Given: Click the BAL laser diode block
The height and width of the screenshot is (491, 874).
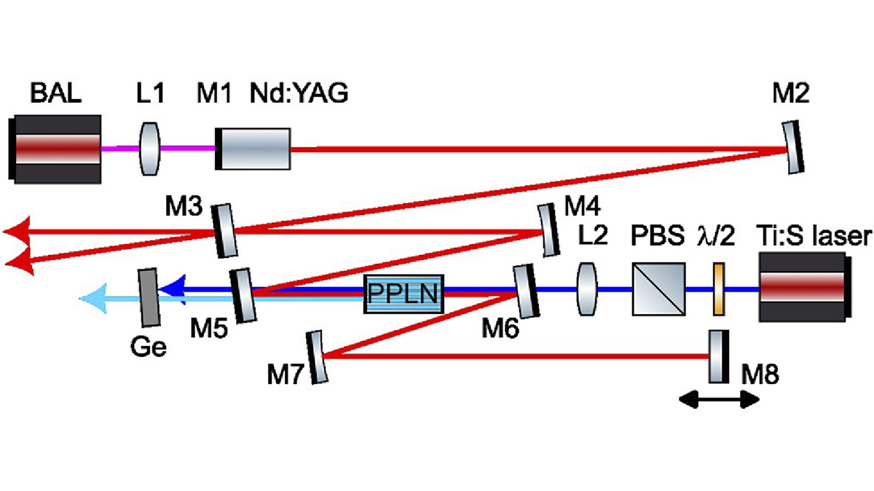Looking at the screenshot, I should coord(56,148).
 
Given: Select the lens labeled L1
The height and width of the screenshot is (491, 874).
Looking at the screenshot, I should coord(148,149).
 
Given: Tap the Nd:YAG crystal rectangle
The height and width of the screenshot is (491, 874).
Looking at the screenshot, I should coord(254,149).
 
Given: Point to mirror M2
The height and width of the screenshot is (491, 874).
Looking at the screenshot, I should coord(795,149).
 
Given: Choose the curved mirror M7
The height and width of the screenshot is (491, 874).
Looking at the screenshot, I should coord(317,357).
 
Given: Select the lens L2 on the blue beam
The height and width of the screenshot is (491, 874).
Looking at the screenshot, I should coord(587,291).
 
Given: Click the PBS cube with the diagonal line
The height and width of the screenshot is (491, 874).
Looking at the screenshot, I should coord(658,290).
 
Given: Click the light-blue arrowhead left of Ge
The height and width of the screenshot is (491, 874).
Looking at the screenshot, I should coord(90,299).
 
